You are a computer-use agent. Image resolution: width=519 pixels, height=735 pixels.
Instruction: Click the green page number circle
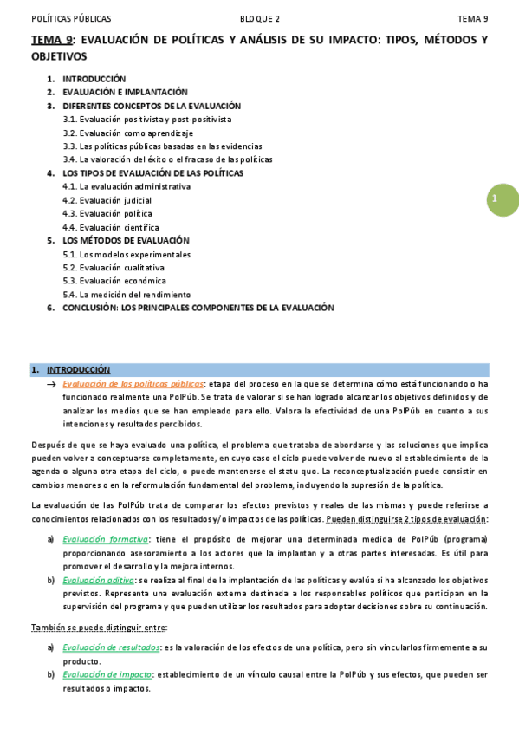tap(503, 200)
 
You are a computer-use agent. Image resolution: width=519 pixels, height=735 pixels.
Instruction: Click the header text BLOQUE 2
tap(260, 18)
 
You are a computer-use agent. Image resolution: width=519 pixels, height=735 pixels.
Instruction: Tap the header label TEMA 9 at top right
tap(473, 18)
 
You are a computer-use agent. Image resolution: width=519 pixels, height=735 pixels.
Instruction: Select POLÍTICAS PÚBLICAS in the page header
tap(71, 18)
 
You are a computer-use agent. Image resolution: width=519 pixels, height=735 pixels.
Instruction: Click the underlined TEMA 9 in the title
tap(52, 40)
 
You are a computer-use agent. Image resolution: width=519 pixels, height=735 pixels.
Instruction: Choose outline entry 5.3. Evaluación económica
tap(114, 281)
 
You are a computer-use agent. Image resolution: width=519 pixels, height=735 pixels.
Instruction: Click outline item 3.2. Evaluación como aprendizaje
tap(127, 133)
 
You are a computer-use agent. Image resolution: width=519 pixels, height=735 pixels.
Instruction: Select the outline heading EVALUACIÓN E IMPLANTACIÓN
tap(125, 92)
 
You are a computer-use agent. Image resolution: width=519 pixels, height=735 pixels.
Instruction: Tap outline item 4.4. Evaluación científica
tap(110, 227)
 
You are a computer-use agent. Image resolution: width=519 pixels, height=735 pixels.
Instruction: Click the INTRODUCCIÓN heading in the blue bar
tap(78, 369)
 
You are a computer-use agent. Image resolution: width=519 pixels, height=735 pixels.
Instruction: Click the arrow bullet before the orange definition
tap(52, 383)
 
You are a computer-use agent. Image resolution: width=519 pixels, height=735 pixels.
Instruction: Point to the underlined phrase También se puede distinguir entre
tap(98, 627)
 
